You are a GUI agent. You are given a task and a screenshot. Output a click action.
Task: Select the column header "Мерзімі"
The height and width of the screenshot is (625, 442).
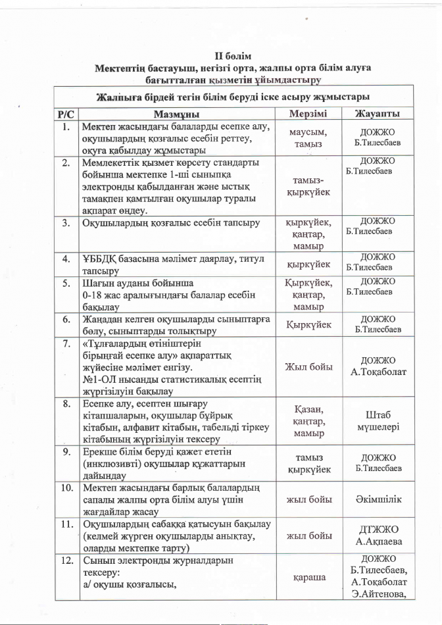point(308,114)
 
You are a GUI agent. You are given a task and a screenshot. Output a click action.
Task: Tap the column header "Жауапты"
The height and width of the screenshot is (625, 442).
point(378,114)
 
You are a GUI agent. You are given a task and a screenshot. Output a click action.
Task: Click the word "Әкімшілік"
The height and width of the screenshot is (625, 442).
point(378,499)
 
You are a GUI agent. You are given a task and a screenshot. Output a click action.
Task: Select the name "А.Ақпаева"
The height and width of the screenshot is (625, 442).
point(378,542)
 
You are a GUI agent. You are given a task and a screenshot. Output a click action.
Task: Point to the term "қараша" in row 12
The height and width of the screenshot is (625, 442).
point(309,577)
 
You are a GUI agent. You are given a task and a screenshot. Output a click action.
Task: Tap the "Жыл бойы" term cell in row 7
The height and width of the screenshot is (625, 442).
point(309,366)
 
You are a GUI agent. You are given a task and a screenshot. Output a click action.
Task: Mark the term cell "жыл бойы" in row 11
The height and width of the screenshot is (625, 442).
point(309,536)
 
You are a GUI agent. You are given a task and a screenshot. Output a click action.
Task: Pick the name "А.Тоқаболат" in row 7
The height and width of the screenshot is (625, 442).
point(378,372)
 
